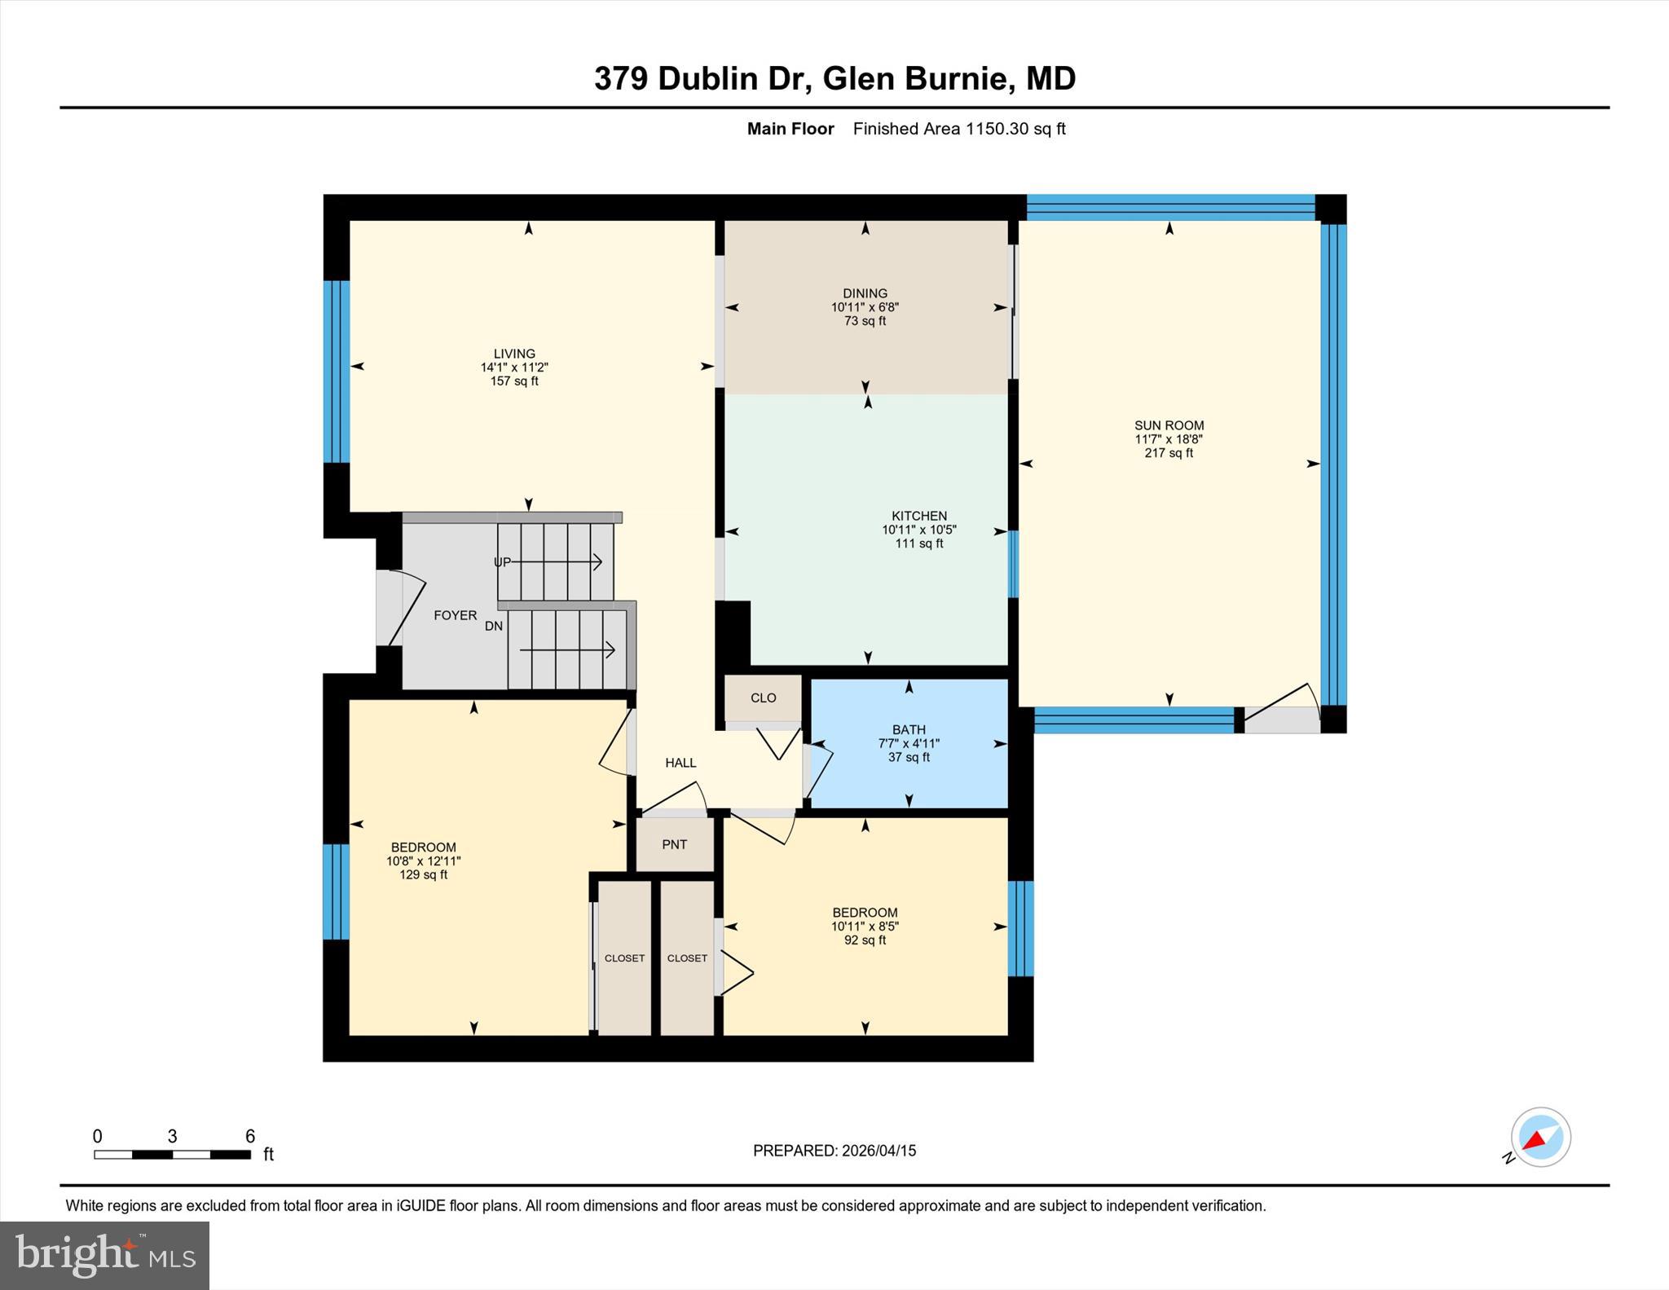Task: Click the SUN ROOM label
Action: click(x=1169, y=425)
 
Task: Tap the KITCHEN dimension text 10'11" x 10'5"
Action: click(x=918, y=530)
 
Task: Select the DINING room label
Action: click(x=865, y=293)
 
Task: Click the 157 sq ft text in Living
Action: click(x=513, y=381)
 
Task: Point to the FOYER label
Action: click(x=455, y=615)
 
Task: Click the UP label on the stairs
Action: click(x=502, y=562)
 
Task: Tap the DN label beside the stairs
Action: click(x=494, y=626)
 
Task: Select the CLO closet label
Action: click(x=763, y=698)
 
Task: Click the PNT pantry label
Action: click(x=674, y=844)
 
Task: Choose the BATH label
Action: click(x=909, y=730)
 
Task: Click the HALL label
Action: click(x=680, y=763)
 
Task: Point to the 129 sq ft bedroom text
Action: click(x=423, y=875)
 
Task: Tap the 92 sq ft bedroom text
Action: click(x=865, y=940)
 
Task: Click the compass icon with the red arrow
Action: click(x=1539, y=1138)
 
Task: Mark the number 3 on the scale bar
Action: click(x=173, y=1136)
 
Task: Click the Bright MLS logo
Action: click(x=104, y=1255)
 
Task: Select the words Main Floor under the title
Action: click(x=790, y=129)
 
